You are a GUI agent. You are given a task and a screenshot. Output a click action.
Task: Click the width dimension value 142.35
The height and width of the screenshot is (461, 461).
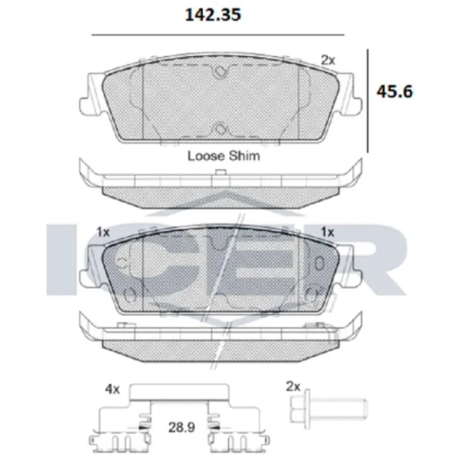[x=213, y=15]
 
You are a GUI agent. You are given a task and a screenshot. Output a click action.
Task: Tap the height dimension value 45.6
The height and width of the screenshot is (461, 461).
[x=395, y=91]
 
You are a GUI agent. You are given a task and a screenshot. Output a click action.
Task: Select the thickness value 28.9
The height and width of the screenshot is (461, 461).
[x=181, y=427]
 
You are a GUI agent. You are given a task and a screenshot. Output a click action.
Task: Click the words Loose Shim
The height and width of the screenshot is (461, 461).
[x=224, y=156]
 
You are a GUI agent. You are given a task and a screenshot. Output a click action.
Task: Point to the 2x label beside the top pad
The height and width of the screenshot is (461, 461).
[x=327, y=60]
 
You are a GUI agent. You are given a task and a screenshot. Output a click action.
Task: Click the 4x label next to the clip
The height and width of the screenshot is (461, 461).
[x=113, y=390]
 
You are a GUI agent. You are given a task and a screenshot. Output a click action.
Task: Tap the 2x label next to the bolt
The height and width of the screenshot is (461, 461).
[x=294, y=387]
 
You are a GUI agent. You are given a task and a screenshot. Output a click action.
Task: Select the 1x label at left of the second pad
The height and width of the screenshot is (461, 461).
[x=103, y=233]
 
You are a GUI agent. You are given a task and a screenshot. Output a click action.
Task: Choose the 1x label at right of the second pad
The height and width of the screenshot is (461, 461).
[x=327, y=232]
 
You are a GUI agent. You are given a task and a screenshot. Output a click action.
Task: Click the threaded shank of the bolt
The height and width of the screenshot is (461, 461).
[x=338, y=407]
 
